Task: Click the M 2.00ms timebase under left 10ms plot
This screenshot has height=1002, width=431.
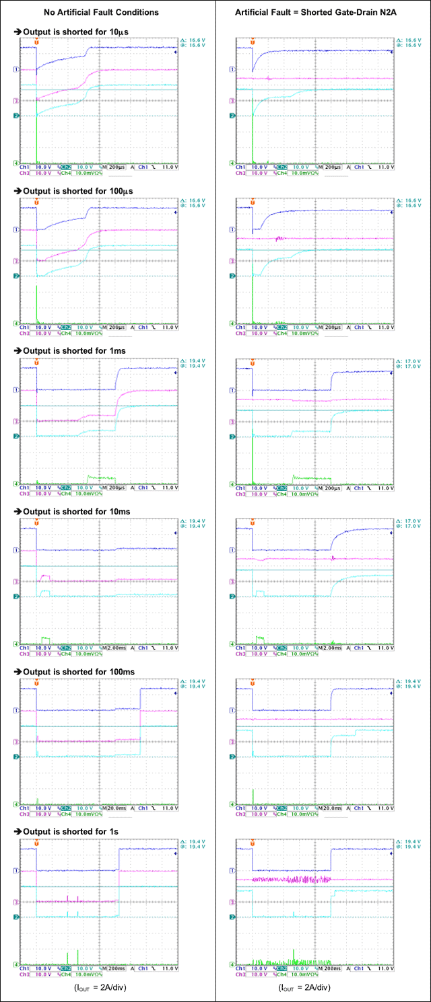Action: tap(112, 648)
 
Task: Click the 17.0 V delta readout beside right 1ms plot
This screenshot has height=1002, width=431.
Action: tap(409, 361)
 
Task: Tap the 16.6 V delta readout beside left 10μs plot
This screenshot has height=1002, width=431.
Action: tap(193, 41)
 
